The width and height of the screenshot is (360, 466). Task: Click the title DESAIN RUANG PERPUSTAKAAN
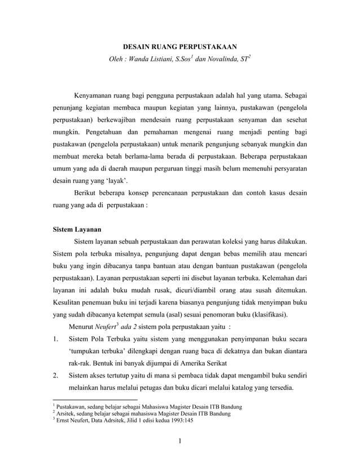pos(180,46)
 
